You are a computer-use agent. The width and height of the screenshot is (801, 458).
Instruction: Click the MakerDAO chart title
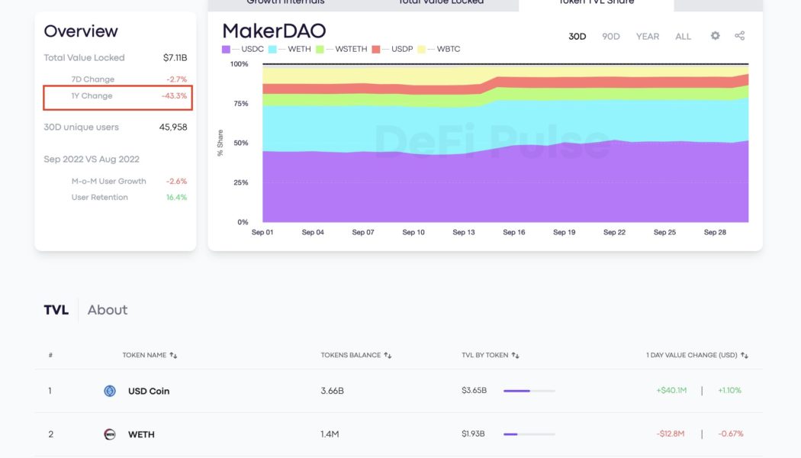click(274, 31)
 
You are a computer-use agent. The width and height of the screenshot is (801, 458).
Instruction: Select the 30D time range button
click(577, 37)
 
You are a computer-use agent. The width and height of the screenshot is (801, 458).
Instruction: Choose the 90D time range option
click(611, 37)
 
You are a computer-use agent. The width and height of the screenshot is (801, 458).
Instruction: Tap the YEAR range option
click(648, 37)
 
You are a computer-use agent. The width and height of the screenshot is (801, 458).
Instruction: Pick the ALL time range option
click(683, 37)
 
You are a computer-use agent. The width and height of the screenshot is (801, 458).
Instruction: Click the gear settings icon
click(715, 36)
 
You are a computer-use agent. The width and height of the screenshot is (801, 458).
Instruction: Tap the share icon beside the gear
click(739, 36)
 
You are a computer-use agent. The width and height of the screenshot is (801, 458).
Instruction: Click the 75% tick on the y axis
click(240, 104)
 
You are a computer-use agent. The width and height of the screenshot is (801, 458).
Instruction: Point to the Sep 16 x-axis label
click(514, 232)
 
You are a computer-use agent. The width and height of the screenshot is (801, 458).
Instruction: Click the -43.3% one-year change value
click(174, 96)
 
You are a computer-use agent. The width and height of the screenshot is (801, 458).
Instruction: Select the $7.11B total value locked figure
click(175, 58)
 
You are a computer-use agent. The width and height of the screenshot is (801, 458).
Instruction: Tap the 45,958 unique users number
click(173, 127)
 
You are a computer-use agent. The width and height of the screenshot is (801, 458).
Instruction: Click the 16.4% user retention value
click(176, 198)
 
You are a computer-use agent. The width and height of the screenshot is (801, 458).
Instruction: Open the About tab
click(108, 310)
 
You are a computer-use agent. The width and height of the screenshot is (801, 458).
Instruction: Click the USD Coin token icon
click(110, 391)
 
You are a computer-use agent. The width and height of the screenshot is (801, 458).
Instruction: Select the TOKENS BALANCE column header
click(353, 356)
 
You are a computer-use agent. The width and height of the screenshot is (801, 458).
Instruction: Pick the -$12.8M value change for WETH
click(671, 434)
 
